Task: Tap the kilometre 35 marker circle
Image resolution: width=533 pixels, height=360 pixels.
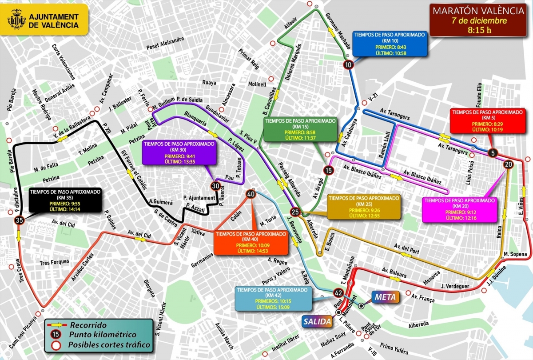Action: click(x=19, y=220)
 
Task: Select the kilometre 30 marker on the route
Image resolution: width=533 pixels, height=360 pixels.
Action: click(x=215, y=186)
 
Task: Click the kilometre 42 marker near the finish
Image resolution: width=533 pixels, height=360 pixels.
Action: click(x=338, y=293)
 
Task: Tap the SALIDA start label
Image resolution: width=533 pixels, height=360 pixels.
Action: click(x=317, y=321)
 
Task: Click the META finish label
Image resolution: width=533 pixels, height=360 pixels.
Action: click(x=385, y=296)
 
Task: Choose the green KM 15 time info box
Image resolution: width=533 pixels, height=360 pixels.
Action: click(x=301, y=129)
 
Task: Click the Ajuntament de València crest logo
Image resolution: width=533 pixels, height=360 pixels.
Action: click(x=17, y=21)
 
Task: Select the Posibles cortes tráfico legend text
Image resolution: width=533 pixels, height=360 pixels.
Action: click(x=109, y=345)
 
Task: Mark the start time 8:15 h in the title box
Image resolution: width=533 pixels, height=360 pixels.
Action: click(x=479, y=31)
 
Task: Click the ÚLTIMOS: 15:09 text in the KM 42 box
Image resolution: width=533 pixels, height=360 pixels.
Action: click(x=273, y=306)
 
